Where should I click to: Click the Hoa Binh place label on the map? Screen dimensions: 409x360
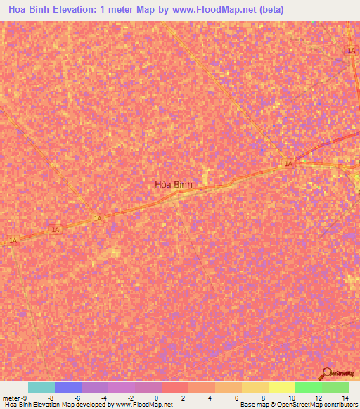[173, 185]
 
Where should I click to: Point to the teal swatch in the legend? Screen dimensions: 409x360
[41, 387]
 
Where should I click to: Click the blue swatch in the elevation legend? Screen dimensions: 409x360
[68, 387]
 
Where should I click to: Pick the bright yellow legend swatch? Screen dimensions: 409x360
[282, 387]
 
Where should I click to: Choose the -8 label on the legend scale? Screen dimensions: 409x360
[51, 398]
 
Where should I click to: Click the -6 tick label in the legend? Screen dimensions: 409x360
[78, 398]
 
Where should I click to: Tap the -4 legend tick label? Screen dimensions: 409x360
[105, 398]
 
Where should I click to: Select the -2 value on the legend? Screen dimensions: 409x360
[131, 398]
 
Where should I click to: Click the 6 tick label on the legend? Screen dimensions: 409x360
[237, 398]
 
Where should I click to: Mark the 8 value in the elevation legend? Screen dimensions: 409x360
[263, 398]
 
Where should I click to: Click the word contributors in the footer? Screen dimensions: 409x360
[340, 405]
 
